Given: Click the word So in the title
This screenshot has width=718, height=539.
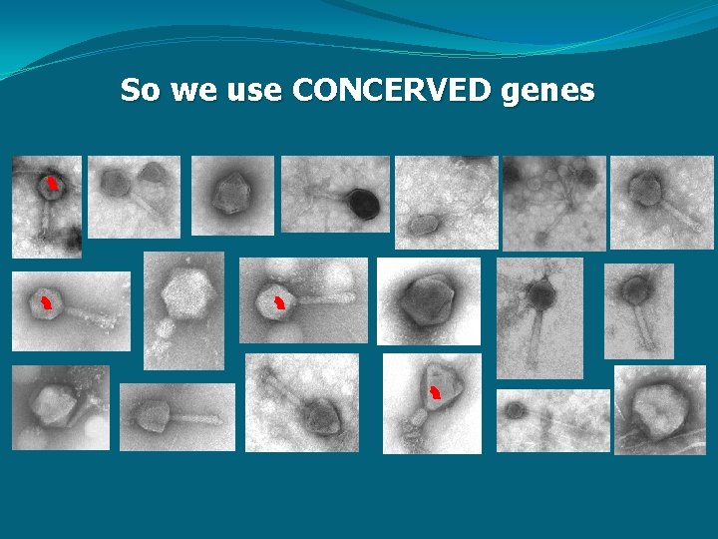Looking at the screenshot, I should click(141, 91).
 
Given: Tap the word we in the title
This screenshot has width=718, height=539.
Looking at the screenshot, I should click(189, 91).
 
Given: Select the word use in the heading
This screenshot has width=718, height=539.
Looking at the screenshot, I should click(253, 91).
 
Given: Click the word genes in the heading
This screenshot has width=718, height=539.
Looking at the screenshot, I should click(549, 91).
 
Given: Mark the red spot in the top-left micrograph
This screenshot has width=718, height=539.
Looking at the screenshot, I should click(51, 183).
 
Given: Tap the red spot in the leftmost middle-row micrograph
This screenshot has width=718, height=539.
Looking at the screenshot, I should click(45, 301).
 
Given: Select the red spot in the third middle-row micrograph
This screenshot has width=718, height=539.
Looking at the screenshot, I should click(279, 302).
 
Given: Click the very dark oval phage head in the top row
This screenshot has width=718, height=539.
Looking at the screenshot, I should click(363, 206).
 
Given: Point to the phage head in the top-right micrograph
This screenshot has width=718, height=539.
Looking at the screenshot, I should click(647, 188).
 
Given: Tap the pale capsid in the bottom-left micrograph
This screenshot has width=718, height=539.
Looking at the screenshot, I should click(53, 403).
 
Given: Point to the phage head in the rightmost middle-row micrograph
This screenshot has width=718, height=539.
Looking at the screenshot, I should click(635, 289).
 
